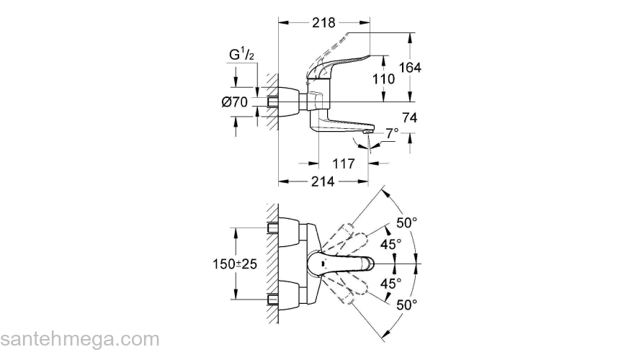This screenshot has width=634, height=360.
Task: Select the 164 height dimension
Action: (x=408, y=68)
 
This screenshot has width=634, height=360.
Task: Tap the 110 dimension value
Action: (x=383, y=78)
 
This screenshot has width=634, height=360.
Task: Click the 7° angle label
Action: (x=391, y=134)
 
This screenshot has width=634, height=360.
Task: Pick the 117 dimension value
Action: (x=344, y=164)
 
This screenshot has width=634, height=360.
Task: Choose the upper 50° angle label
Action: (x=406, y=223)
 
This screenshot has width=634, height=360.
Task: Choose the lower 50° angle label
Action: (x=406, y=305)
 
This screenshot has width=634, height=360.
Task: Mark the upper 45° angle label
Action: (x=390, y=245)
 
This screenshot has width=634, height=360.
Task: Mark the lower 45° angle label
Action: (x=390, y=284)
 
